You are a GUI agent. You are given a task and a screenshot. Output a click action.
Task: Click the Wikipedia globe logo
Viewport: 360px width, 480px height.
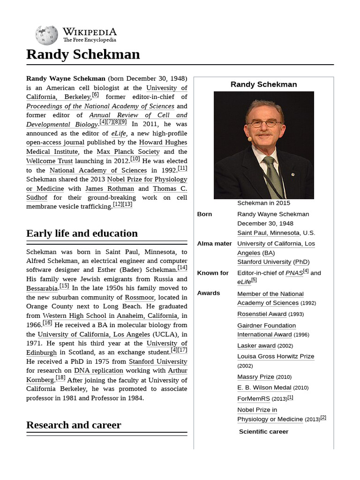(46, 35)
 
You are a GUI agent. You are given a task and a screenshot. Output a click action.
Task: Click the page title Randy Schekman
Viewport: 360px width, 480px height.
(83, 54)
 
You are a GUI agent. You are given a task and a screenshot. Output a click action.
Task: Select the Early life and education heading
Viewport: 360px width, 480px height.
(82, 233)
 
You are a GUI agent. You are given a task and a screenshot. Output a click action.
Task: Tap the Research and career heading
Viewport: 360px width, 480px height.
(74, 425)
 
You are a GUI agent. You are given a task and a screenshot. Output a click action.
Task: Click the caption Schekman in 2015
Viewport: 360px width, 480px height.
(263, 203)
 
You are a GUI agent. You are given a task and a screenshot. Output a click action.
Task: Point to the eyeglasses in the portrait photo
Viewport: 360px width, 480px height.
(263, 124)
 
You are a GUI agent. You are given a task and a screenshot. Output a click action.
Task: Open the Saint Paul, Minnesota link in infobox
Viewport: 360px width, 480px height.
(268, 232)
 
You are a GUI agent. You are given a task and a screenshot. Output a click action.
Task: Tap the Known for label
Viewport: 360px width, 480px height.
(213, 273)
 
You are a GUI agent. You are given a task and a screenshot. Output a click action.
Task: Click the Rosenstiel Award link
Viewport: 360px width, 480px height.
(262, 314)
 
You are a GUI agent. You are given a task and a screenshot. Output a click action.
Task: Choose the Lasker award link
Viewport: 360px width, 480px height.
(256, 345)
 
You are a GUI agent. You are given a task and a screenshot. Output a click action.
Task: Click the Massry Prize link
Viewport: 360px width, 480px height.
(255, 376)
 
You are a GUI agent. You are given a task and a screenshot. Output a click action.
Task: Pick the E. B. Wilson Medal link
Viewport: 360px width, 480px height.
(264, 388)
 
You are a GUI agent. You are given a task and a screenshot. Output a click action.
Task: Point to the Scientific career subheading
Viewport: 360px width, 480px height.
(263, 431)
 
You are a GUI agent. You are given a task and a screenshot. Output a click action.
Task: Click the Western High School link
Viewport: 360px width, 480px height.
(75, 315)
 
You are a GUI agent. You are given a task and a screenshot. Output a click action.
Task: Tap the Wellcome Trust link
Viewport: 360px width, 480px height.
(49, 161)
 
